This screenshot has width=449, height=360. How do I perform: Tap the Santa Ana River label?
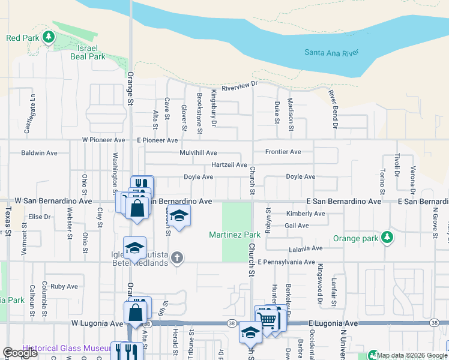point(331,53)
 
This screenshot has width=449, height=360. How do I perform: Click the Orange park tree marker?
point(388,238)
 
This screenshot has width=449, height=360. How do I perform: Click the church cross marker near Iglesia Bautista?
point(176,258)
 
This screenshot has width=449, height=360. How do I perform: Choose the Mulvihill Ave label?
point(198,153)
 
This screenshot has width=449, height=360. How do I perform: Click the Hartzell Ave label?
point(229,165)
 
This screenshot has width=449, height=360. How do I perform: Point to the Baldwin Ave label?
point(39,153)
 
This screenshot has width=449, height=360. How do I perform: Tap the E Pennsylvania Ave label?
point(286,262)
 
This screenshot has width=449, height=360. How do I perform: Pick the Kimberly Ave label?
point(306,214)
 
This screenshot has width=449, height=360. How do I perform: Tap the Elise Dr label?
point(39,217)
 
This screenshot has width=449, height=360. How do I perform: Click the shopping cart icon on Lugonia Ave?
point(267,319)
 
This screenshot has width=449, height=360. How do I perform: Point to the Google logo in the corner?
point(20,353)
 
